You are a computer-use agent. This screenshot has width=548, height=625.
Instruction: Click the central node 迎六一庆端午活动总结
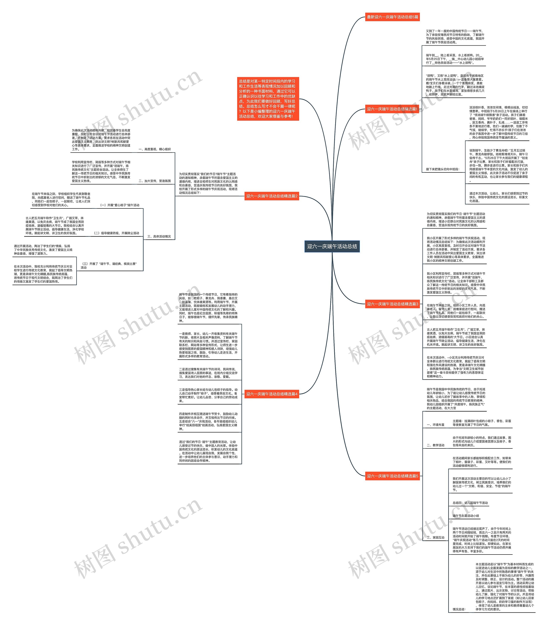tap(332, 246)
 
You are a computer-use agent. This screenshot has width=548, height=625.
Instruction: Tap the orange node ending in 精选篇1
tap(392, 109)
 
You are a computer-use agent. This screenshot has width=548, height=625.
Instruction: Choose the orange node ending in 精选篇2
tap(272, 196)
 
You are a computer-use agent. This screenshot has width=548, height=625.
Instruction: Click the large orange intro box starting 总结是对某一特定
tap(268, 99)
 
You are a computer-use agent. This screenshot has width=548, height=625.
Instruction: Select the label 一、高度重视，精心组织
tap(154, 149)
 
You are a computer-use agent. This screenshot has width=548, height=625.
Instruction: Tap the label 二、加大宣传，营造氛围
tap(154, 181)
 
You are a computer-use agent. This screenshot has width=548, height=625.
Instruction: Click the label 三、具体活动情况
tap(159, 236)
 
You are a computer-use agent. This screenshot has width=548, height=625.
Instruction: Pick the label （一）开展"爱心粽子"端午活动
tap(119, 205)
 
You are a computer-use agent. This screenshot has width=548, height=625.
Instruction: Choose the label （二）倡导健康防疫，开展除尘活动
tap(116, 233)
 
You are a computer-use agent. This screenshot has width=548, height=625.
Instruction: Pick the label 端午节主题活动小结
tap(466, 516)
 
